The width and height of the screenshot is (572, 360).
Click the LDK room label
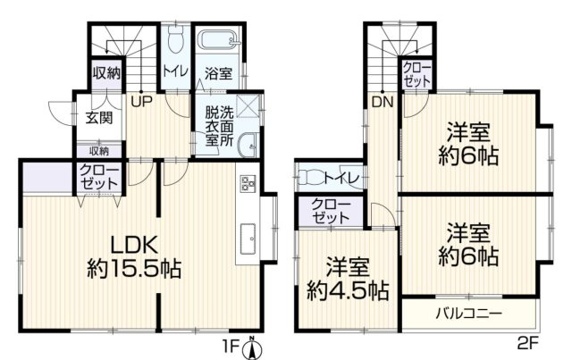[133, 243]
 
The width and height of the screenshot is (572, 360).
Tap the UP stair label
[140, 101]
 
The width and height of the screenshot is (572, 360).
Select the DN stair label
[383, 101]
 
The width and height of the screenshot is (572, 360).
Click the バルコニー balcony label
[468, 313]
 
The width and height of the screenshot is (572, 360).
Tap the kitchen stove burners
[248, 186]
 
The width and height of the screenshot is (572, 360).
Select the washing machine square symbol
[249, 105]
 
